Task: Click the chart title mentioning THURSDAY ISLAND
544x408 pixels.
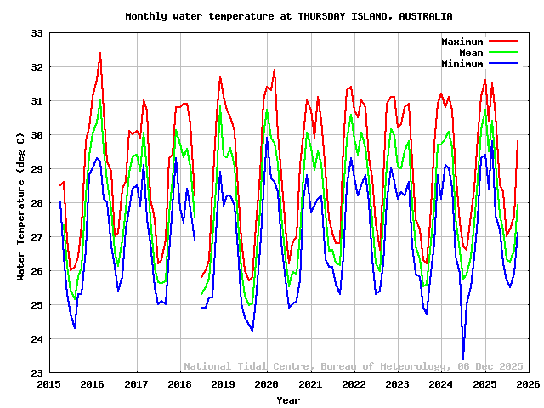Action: click(288, 16)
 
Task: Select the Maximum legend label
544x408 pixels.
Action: click(462, 42)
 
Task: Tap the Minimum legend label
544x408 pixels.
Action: click(462, 64)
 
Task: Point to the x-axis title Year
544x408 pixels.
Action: click(288, 399)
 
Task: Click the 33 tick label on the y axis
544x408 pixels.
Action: click(37, 33)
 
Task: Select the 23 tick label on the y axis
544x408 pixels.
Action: click(37, 373)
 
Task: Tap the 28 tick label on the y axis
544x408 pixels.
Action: click(37, 203)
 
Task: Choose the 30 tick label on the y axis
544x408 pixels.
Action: click(37, 135)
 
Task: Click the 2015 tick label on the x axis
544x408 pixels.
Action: click(49, 385)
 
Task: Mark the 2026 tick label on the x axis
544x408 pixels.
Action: click(528, 385)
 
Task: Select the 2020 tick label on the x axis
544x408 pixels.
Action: click(267, 385)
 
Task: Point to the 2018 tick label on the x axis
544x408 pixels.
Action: click(179, 385)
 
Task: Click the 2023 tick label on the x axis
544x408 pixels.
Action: click(397, 385)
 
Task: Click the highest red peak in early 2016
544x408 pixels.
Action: click(100, 53)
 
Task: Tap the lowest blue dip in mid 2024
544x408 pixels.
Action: click(463, 358)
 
